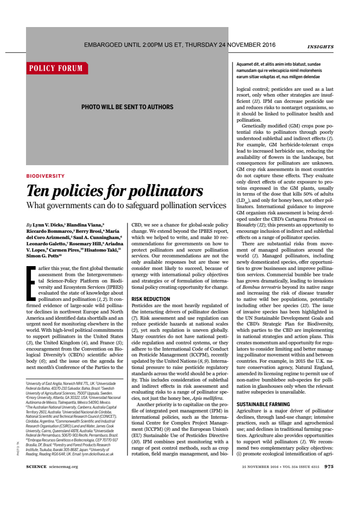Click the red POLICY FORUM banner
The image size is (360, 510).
[x=56, y=68]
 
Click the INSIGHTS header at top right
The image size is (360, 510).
[x=320, y=47]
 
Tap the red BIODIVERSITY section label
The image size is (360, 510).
[x=45, y=176]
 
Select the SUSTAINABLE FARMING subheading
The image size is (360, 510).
[x=263, y=404]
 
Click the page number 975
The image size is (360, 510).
[x=329, y=467]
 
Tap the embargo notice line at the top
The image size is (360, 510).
[x=180, y=45]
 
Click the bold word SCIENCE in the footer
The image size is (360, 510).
[x=36, y=467]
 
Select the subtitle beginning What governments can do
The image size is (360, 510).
[x=126, y=206]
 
